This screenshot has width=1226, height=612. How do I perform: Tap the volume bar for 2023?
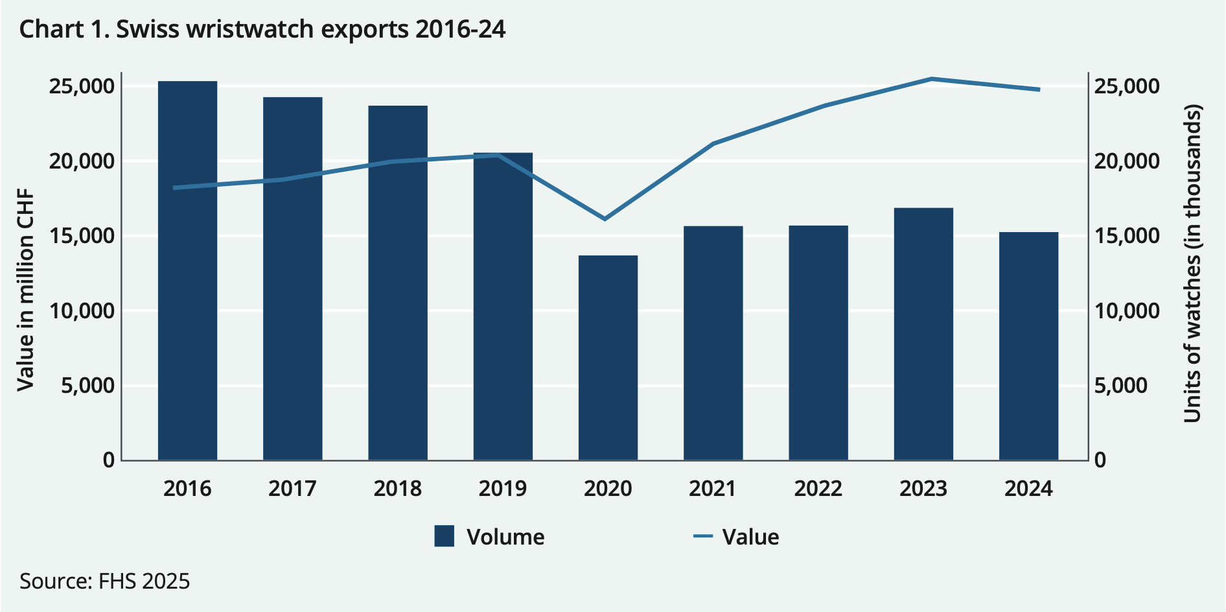coord(923,334)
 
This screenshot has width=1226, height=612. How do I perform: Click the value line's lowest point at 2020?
coord(605,219)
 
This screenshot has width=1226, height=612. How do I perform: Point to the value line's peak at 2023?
coord(931,79)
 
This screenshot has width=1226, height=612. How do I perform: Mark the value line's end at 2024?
coord(1039,89)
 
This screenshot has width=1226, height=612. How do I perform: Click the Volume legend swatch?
coord(445,537)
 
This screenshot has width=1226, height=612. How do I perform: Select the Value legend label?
coord(750,537)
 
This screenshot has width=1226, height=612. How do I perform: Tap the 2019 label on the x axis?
coord(503,488)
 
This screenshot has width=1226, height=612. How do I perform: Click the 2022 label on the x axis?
coord(818,488)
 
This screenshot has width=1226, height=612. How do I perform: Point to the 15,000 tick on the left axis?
coord(82,236)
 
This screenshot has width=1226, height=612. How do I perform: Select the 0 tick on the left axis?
coord(108,460)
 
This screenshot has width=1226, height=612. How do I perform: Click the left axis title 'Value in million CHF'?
coord(25,290)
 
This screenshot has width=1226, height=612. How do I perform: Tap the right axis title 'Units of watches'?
coord(1192,263)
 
